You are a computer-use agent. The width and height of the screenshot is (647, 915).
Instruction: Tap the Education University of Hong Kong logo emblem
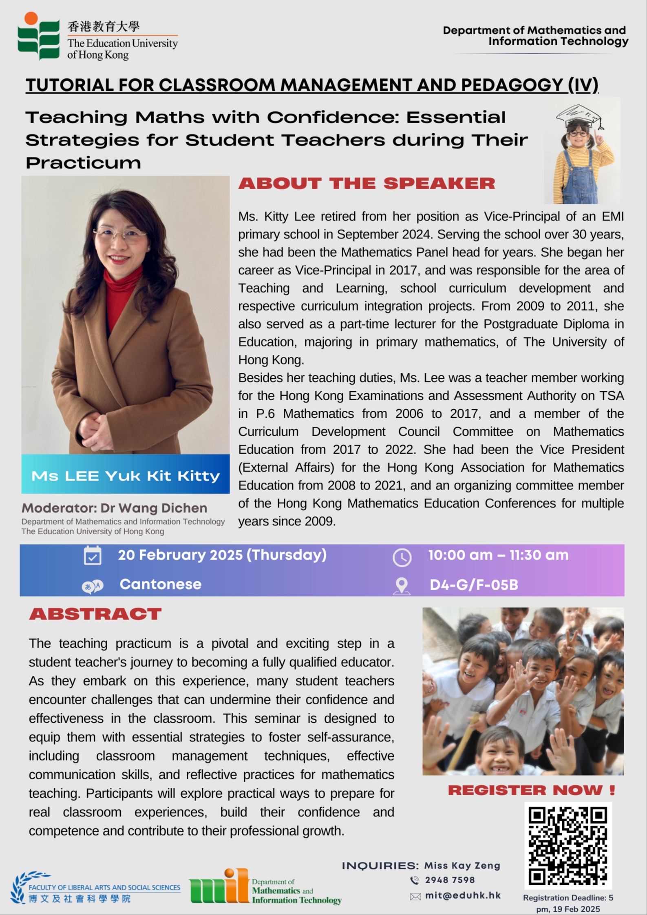(38, 37)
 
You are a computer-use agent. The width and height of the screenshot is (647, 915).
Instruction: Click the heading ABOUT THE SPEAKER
(367, 183)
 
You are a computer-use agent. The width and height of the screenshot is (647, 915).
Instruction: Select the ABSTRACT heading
(95, 614)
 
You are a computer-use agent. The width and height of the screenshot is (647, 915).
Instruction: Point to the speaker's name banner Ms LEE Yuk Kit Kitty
(126, 475)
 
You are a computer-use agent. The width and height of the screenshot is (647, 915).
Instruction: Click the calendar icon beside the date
(93, 556)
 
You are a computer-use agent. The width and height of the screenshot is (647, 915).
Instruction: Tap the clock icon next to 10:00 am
(402, 558)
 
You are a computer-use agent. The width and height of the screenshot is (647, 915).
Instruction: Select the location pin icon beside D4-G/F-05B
(402, 586)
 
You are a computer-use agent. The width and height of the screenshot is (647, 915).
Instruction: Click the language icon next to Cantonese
(93, 586)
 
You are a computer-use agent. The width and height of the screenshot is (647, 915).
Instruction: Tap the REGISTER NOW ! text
(531, 790)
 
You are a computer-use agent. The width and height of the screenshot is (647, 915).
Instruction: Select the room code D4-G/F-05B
(474, 585)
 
